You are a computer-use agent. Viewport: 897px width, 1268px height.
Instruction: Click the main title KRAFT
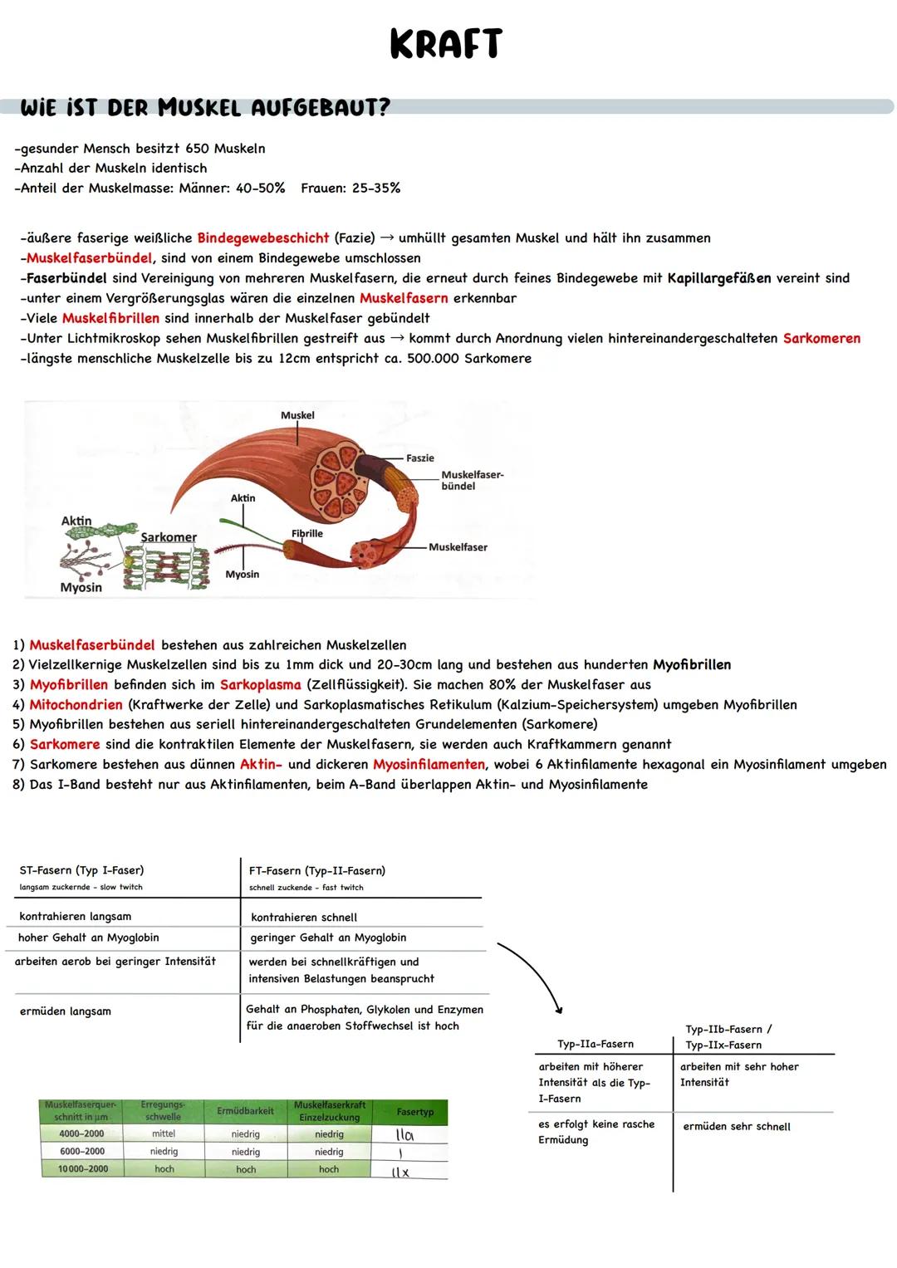point(446,45)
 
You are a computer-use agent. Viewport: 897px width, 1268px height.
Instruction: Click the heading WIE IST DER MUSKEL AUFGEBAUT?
point(204,108)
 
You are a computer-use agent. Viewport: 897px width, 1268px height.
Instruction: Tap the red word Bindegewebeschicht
point(262,238)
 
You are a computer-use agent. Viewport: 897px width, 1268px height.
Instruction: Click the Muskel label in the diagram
point(297,415)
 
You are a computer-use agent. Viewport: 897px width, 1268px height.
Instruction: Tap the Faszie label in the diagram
point(420,458)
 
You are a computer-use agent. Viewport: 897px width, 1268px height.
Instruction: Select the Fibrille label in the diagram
point(306,533)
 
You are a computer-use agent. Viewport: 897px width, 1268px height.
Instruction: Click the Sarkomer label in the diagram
point(169,537)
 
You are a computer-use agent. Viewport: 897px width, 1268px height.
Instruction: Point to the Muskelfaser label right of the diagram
point(458,547)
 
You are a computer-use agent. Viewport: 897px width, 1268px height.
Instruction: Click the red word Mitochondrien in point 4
point(76,705)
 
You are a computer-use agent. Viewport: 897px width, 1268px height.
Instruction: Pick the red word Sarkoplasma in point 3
point(260,685)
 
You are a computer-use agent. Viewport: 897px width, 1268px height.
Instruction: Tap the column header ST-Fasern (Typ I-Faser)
point(81,870)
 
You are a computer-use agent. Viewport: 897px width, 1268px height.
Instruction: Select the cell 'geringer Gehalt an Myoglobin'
point(328,938)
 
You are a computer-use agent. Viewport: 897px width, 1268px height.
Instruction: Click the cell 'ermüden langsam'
point(66,1011)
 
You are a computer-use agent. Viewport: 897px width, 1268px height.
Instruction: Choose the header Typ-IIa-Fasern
point(596,1045)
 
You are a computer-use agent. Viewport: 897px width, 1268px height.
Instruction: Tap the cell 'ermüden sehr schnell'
point(737,1127)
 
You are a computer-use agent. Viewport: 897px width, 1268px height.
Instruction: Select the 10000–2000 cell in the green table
point(81,1169)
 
